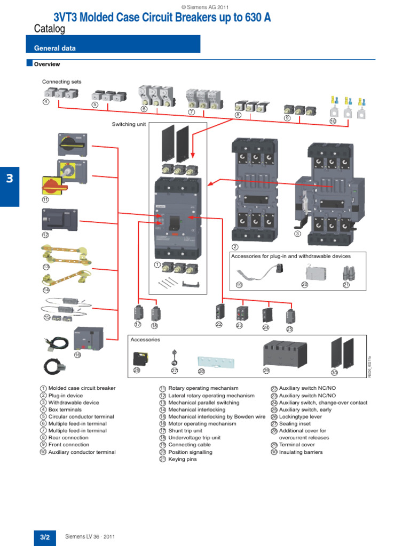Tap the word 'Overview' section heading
47,65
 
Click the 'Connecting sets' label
62,82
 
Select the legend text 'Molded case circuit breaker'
82,389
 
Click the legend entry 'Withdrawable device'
73,403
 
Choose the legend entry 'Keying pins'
183,459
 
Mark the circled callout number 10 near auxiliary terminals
333,122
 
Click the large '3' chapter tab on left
9,179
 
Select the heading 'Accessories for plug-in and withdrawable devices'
290,256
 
